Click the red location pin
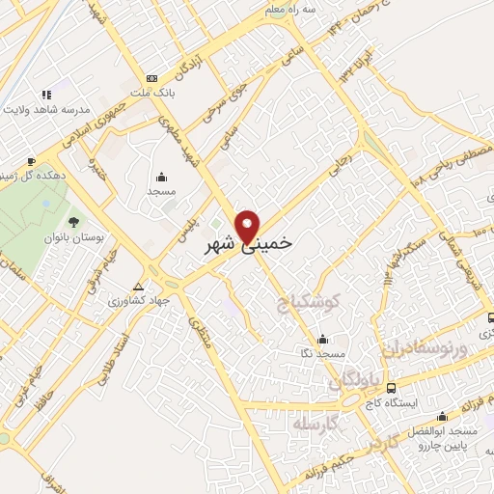pyautogui.click(x=249, y=226)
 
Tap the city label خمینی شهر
pyautogui.click(x=249, y=246)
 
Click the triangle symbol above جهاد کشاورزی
pyautogui.click(x=140, y=287)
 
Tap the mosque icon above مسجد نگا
pyautogui.click(x=322, y=340)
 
